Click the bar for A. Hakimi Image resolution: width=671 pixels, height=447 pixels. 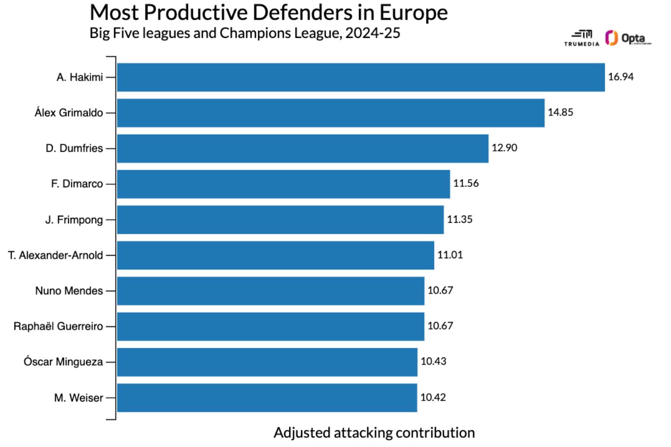[x=360, y=77]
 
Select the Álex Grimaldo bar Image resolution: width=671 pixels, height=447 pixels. [x=331, y=113]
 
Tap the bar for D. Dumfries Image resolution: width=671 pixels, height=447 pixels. [x=302, y=148]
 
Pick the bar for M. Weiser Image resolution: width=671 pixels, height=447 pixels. [x=267, y=398]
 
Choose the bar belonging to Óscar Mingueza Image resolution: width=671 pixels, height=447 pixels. [x=267, y=362]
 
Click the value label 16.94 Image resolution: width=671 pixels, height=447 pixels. [x=621, y=77]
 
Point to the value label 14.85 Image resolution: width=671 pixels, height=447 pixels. [x=560, y=112]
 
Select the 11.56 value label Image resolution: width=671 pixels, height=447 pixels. [x=466, y=183]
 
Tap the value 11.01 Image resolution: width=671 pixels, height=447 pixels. [x=450, y=254]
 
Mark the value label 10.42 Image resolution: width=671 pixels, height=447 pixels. [x=433, y=397]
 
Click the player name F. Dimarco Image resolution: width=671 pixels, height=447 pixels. [x=77, y=184]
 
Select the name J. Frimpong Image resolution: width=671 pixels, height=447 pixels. [x=74, y=220]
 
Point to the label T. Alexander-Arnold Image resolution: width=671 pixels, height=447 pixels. [x=56, y=255]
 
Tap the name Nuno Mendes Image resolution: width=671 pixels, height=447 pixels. [x=69, y=291]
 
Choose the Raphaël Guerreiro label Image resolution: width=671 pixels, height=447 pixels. [x=58, y=326]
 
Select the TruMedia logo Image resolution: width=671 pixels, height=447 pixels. [x=582, y=38]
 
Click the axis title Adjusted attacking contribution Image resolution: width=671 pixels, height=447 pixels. [x=374, y=433]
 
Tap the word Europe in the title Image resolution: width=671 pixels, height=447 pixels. [x=414, y=12]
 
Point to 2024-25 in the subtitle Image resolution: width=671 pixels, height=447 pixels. [x=372, y=33]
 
